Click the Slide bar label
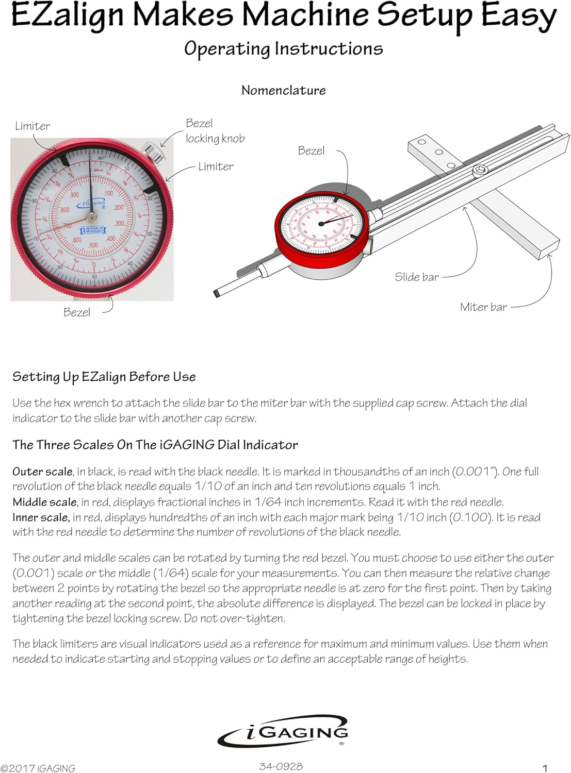click(417, 277)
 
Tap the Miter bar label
click(483, 307)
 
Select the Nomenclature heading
click(283, 90)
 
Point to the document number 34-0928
click(281, 766)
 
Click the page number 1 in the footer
click(545, 768)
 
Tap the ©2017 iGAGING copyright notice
click(38, 768)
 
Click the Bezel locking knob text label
click(215, 131)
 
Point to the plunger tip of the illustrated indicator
click(217, 293)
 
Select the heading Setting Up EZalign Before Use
click(104, 377)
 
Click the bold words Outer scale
click(42, 472)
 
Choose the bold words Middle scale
click(44, 502)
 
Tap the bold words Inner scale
click(41, 517)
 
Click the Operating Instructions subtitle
click(283, 48)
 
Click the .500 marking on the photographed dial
click(92, 245)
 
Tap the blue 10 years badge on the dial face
click(93, 230)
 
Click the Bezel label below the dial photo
click(76, 312)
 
